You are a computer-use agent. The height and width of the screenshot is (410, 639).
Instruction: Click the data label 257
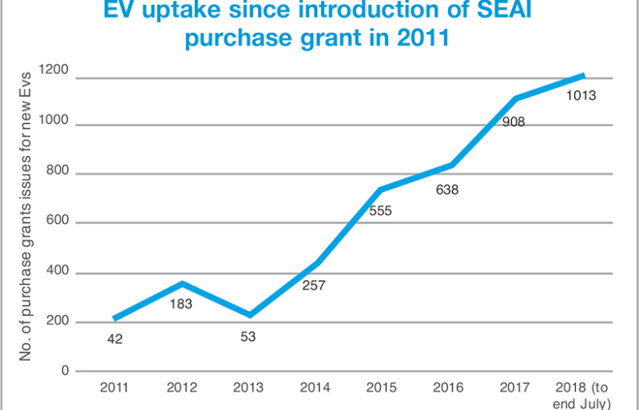pyautogui.click(x=316, y=286)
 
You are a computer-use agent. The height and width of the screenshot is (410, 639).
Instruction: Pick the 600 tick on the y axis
pyautogui.click(x=60, y=223)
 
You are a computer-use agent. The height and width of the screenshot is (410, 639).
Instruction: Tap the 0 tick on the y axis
pyautogui.click(x=66, y=371)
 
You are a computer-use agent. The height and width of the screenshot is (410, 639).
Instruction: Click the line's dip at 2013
pyautogui.click(x=249, y=315)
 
